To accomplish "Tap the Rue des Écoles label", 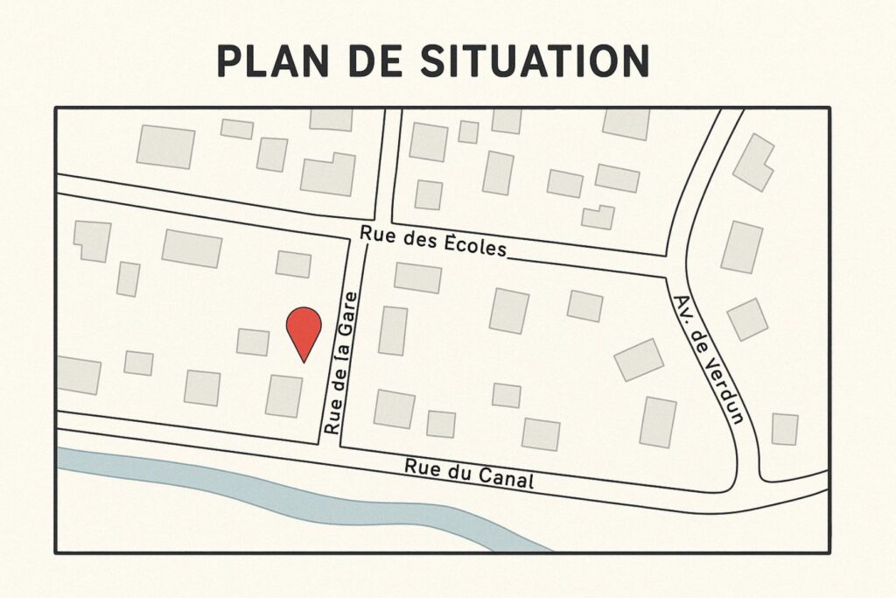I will [x=433, y=239].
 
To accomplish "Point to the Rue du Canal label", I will [x=468, y=473].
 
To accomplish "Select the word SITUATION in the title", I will [x=535, y=60].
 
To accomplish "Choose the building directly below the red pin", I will [x=283, y=396].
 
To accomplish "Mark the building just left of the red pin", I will [x=253, y=341].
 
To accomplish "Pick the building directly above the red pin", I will [x=293, y=264].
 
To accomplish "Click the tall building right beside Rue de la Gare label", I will [x=393, y=330].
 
